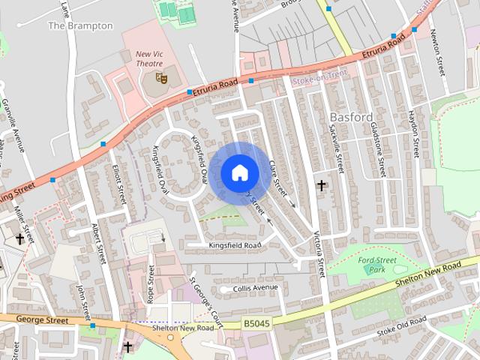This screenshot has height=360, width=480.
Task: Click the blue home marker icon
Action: pyautogui.click(x=238, y=172)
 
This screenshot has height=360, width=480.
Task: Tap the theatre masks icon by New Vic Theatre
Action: pyautogui.click(x=160, y=77)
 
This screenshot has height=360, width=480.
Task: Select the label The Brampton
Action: pyautogui.click(x=80, y=25)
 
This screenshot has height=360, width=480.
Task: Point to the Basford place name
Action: pyautogui.click(x=351, y=117)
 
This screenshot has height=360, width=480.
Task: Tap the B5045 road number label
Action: pyautogui.click(x=256, y=323)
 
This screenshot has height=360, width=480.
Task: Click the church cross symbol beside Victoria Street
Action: pyautogui.click(x=321, y=184)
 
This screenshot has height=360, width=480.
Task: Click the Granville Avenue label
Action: pyautogui.click(x=14, y=124)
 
